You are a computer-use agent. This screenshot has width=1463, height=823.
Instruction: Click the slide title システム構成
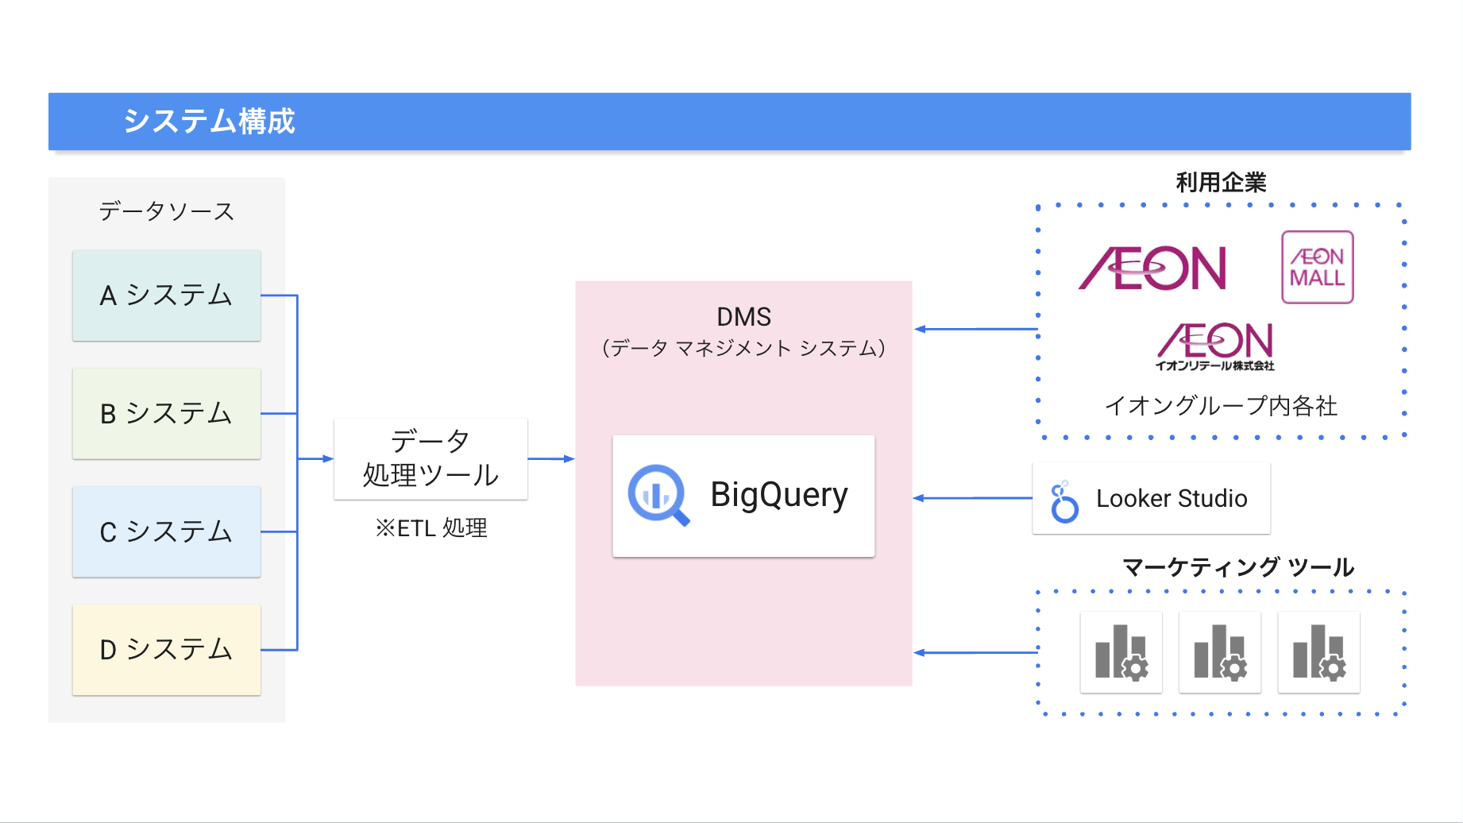click(x=209, y=122)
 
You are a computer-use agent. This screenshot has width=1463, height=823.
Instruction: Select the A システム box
click(x=167, y=296)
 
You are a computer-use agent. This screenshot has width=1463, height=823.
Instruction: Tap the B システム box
click(x=167, y=413)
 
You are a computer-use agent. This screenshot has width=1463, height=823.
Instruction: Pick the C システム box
click(x=167, y=531)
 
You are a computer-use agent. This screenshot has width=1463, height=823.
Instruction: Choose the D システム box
click(x=167, y=650)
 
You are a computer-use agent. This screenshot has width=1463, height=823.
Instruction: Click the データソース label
click(x=167, y=211)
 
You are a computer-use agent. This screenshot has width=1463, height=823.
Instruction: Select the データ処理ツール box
click(x=430, y=458)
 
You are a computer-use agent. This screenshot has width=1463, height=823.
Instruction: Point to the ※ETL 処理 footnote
click(x=431, y=528)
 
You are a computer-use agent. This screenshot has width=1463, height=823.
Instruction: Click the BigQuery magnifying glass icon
click(x=658, y=495)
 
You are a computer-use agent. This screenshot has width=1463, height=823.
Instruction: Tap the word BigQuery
click(x=779, y=495)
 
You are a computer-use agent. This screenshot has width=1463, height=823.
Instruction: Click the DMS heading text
click(x=743, y=317)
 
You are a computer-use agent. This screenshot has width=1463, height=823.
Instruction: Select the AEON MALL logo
click(x=1317, y=267)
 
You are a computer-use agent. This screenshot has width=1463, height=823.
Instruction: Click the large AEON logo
click(x=1153, y=269)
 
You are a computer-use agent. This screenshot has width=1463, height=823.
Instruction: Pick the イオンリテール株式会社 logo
click(x=1215, y=346)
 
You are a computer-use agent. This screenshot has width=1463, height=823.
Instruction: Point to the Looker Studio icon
click(x=1063, y=501)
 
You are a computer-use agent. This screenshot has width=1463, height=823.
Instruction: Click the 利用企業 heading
click(x=1221, y=183)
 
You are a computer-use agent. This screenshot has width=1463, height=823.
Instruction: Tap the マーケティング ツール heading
click(x=1237, y=567)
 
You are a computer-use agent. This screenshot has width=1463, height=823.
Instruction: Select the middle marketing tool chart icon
click(x=1220, y=652)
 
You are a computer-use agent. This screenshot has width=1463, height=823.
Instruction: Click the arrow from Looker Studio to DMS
click(x=972, y=498)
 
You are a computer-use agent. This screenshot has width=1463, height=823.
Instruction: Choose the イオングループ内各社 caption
click(x=1221, y=406)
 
